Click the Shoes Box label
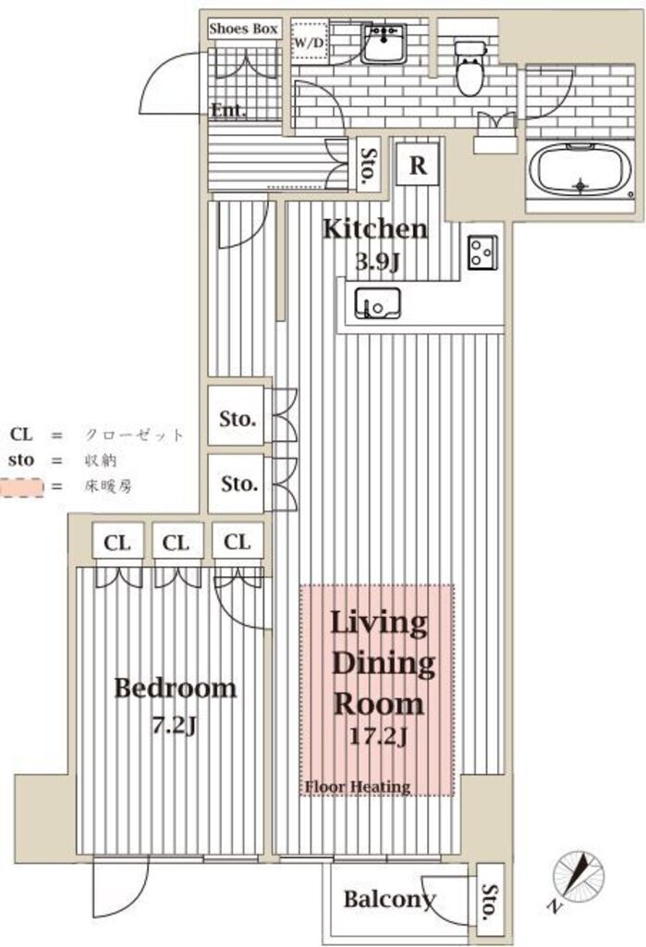click(x=243, y=29)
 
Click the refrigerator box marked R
click(x=418, y=166)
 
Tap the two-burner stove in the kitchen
click(x=481, y=252)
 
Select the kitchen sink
click(x=378, y=301)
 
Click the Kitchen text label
click(x=374, y=228)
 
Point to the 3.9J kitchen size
click(x=377, y=262)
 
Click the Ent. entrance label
click(x=227, y=111)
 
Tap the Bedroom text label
click(x=175, y=688)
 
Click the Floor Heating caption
click(x=358, y=787)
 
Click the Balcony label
click(x=388, y=898)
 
